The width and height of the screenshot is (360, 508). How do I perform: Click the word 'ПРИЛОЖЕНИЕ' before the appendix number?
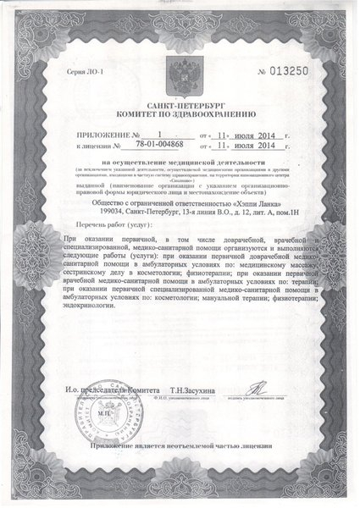[96, 135]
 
